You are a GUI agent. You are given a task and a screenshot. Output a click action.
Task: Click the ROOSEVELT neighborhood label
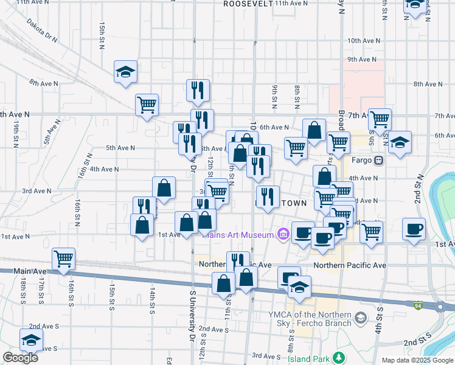click(x=248, y=4)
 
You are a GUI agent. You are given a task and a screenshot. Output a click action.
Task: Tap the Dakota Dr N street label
click(x=42, y=30)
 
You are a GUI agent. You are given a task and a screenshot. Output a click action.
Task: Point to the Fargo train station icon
click(x=378, y=161)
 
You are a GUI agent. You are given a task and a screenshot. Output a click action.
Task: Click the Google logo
click(x=20, y=358)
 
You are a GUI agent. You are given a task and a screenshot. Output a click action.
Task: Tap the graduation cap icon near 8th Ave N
click(x=125, y=72)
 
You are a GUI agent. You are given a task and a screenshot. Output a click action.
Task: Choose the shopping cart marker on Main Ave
click(x=63, y=259)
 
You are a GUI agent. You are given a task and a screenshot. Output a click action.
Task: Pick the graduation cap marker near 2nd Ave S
click(x=31, y=340)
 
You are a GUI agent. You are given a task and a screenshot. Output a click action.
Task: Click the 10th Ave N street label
click(x=363, y=40)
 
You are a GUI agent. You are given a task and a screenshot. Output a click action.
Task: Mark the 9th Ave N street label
click(x=361, y=60)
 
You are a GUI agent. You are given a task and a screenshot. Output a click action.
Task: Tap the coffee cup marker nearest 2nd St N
click(x=414, y=229)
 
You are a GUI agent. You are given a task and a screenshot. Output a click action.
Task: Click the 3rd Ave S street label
click(x=265, y=356)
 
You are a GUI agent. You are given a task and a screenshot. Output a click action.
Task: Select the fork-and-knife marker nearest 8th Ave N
click(x=198, y=91)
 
